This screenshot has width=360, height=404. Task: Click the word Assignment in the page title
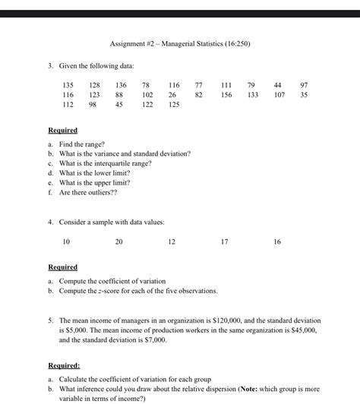pyautogui.click(x=130, y=44)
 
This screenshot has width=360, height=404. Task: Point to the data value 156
pyautogui.click(x=226, y=94)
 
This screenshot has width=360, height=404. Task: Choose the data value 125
pyautogui.click(x=174, y=105)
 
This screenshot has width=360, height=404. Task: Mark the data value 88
pyautogui.click(x=119, y=94)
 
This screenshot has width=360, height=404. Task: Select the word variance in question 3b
pyautogui.click(x=109, y=153)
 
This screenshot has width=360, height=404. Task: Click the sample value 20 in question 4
pyautogui.click(x=118, y=241)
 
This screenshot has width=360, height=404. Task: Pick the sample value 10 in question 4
pyautogui.click(x=66, y=241)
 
